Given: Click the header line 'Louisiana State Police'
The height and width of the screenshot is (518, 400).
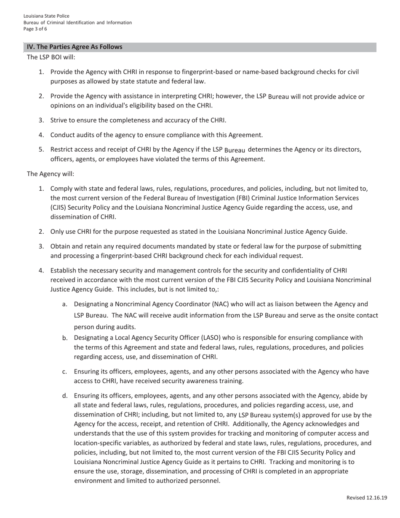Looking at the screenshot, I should (46, 16).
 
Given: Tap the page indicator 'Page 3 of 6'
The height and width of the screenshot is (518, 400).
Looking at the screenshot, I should (35, 29).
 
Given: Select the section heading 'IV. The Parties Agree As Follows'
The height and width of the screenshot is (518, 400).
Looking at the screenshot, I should (75, 47).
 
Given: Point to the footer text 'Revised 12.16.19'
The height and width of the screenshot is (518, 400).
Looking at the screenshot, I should (366, 498).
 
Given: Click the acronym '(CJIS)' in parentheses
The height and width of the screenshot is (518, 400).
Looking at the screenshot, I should (59, 208).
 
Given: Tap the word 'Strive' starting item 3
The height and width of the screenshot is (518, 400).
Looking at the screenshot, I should (59, 120).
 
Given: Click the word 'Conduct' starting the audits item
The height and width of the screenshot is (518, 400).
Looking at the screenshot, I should (62, 135).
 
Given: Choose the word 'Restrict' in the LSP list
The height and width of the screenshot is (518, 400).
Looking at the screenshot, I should (62, 150).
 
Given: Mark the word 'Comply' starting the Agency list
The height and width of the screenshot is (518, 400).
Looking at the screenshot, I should (61, 188).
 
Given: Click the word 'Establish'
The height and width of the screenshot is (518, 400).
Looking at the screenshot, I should (64, 270).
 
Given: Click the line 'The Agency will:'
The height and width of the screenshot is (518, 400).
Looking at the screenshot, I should (51, 174).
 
